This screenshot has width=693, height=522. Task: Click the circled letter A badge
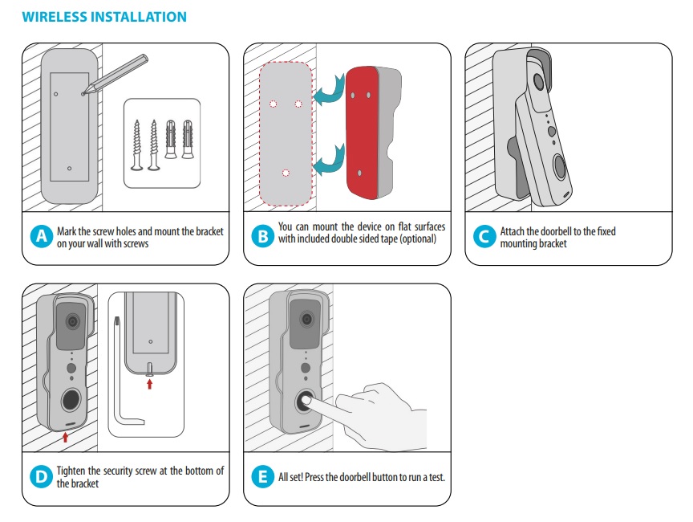coord(40,237)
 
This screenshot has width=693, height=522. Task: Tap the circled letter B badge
coord(261,237)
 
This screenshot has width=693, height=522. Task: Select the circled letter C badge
coord(482,237)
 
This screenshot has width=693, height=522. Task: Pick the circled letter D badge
coord(40,477)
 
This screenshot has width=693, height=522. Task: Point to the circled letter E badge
coord(261,477)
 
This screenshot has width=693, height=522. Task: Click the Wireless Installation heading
coord(104,16)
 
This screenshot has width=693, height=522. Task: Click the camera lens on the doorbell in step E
coord(306,320)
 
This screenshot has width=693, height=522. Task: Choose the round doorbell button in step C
coord(560,166)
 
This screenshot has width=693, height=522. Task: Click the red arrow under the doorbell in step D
coord(65,437)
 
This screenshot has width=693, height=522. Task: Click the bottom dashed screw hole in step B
coord(285,172)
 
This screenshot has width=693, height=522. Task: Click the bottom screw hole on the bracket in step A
coord(70,168)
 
